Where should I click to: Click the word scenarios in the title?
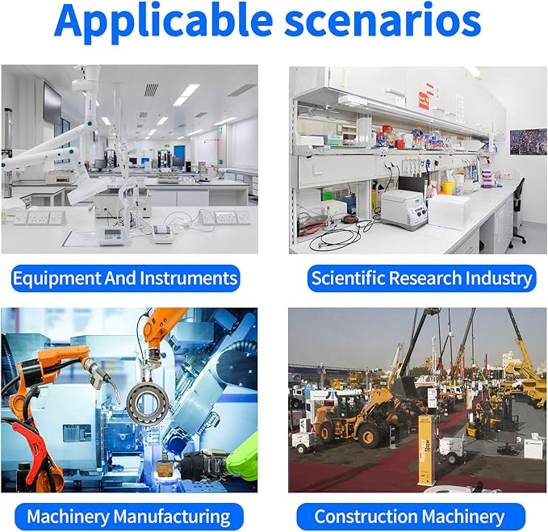pos(383,22)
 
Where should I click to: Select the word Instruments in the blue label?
pos(188,279)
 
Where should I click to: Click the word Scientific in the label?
pos(348,279)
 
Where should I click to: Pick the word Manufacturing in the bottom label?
pos(172,517)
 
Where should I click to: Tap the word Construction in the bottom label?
pos(366,517)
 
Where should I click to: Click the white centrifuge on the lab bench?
pos(404,209)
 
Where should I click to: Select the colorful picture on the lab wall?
pos(528,142)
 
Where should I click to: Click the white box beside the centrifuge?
pos(449,212)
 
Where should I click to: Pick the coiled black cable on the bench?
pos(337,238)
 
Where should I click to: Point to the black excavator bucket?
pos(405,387)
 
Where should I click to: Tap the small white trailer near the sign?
pos(451,449)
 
